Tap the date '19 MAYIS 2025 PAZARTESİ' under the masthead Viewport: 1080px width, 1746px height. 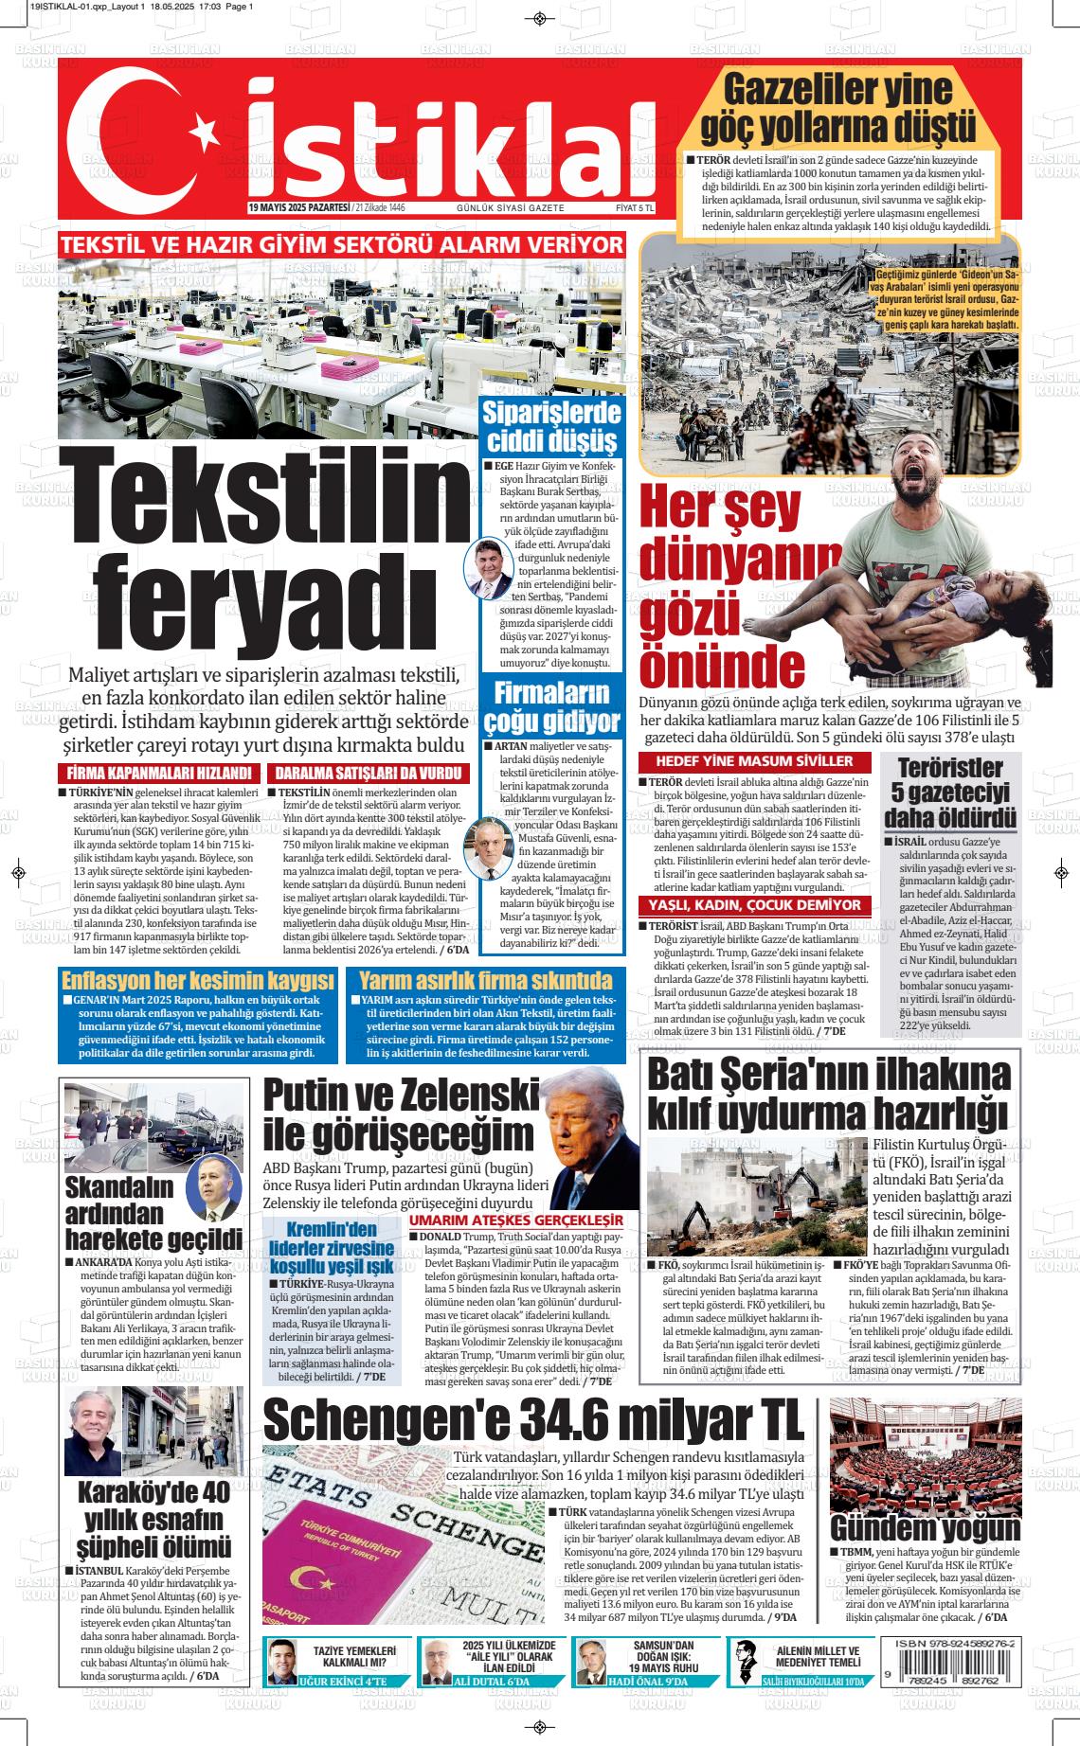tap(298, 207)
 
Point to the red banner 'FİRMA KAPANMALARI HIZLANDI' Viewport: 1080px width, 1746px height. tap(158, 773)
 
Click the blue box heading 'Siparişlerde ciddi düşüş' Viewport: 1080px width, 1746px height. tap(550, 427)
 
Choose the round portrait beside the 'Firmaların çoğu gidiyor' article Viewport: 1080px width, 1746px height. tap(488, 847)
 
